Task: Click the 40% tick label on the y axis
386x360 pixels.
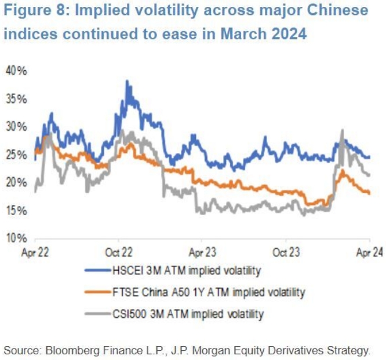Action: pos(16,71)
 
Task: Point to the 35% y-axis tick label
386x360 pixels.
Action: pos(16,99)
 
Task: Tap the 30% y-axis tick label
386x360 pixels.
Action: pos(16,126)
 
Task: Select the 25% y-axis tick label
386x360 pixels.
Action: pos(16,155)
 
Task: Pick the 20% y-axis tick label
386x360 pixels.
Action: pos(16,183)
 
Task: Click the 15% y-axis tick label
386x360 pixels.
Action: pos(16,210)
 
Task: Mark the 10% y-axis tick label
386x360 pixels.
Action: pos(16,238)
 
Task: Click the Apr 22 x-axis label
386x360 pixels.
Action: pos(35,252)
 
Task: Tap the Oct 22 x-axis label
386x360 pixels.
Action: pos(118,252)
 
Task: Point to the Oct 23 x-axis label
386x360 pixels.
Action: pos(286,252)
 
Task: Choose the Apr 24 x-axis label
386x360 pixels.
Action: pos(369,252)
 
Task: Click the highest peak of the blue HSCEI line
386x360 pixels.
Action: pos(126,81)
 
